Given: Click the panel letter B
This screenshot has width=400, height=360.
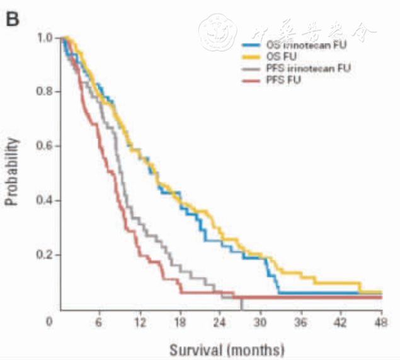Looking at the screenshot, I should coord(13,18).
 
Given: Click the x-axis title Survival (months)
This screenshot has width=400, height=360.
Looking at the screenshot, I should coord(226,348).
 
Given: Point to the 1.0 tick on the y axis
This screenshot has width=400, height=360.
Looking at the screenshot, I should coord(43,38).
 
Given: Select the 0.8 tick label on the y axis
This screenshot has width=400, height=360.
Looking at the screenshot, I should coord(43,92).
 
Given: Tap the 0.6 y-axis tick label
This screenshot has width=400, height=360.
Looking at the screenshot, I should coord(43,146).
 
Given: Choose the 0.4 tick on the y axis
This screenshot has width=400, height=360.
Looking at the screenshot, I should coord(43,200).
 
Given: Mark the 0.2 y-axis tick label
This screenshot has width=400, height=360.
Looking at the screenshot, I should coord(43,255).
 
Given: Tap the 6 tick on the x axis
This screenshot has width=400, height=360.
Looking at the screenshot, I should coord(99,321).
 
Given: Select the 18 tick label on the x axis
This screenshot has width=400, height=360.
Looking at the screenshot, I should coord(180,321).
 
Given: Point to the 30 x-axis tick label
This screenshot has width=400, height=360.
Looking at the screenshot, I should coord(260,321).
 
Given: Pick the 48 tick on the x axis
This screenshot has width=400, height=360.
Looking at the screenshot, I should coord(381,321).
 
